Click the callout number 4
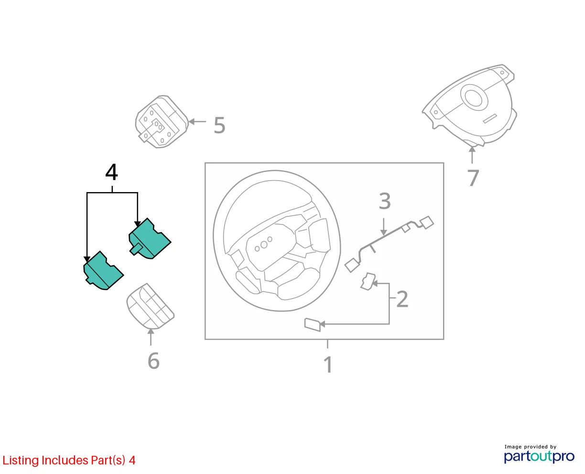coord(111,172)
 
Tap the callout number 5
coord(219,125)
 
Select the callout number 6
coord(153,361)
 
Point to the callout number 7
coord(473,178)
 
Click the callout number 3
coord(385,201)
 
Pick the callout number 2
coord(402,299)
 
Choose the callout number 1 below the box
coord(328,365)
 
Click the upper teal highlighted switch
coord(150,238)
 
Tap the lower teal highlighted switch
coord(103,270)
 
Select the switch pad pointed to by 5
coord(162,122)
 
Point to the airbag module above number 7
coord(469,106)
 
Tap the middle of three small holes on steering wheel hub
coord(264,245)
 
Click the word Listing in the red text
coord(21,461)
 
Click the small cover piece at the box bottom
coord(313,324)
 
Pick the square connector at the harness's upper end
coord(427,222)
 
